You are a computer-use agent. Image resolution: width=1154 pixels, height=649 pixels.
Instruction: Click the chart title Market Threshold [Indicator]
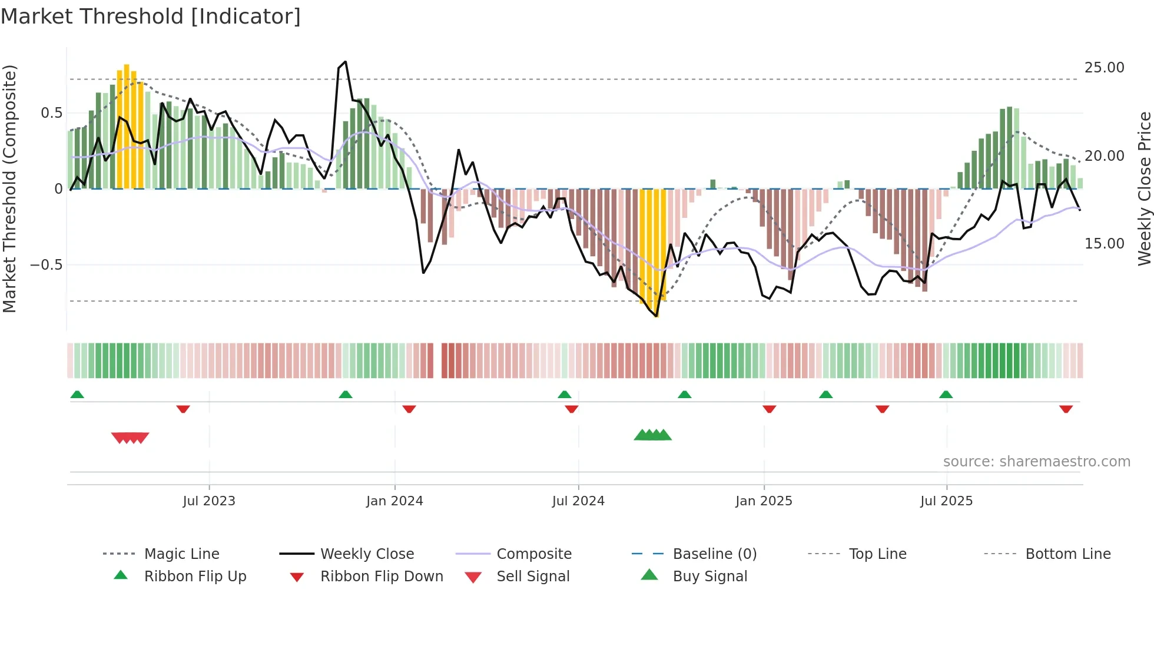[x=151, y=16]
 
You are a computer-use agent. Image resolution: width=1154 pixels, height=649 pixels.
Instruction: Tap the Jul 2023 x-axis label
[x=208, y=501]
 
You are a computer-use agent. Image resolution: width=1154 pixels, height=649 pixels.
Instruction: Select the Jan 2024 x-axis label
[x=394, y=501]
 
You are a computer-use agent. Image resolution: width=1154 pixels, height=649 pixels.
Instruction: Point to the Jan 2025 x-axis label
[x=764, y=501]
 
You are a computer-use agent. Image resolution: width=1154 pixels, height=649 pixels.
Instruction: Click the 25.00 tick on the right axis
[x=1104, y=68]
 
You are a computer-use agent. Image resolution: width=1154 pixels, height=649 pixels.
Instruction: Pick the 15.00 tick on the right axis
[x=1104, y=244]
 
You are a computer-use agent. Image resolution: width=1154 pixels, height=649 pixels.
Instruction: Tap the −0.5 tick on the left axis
[x=47, y=265]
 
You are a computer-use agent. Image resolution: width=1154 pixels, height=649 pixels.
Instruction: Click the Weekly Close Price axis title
[x=1144, y=188]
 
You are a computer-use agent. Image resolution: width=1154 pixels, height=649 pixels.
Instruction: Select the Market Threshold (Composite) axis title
[x=9, y=188]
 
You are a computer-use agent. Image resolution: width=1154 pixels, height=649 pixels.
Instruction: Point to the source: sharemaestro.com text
[x=1036, y=462]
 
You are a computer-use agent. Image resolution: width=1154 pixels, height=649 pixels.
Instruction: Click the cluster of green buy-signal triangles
[x=652, y=435]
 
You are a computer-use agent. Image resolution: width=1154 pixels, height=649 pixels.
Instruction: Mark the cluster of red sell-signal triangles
[x=130, y=438]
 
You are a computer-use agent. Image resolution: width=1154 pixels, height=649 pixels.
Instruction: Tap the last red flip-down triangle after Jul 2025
[x=1066, y=409]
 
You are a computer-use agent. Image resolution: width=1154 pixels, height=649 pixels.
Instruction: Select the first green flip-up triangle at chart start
[x=77, y=395]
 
